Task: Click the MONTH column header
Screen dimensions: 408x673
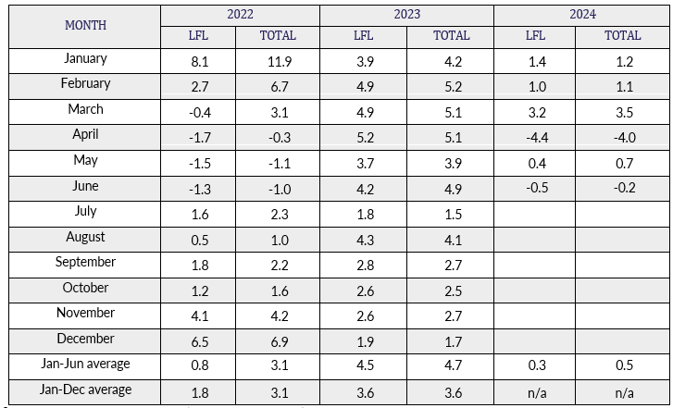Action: point(85,25)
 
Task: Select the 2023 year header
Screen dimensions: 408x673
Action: point(406,14)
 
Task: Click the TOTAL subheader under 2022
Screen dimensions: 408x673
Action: point(278,36)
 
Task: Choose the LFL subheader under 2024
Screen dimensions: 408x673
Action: point(536,36)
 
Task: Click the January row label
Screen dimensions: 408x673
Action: point(85,59)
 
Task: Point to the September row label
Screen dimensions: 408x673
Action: point(85,262)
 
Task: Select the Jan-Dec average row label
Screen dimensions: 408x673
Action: point(85,389)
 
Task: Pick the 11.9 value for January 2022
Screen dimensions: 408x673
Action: point(278,62)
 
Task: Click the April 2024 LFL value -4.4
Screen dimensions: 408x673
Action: point(536,138)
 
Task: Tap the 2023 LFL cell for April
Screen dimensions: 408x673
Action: point(364,138)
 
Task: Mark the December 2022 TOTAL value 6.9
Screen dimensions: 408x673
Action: point(278,341)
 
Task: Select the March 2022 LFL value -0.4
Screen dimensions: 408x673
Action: point(198,113)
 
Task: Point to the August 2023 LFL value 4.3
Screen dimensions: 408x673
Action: point(364,240)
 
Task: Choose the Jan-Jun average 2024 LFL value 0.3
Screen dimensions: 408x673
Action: point(536,367)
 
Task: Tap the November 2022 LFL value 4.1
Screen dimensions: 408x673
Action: point(198,316)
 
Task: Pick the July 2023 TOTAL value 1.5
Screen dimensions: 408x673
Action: point(451,215)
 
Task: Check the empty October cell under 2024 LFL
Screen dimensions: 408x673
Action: point(536,291)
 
